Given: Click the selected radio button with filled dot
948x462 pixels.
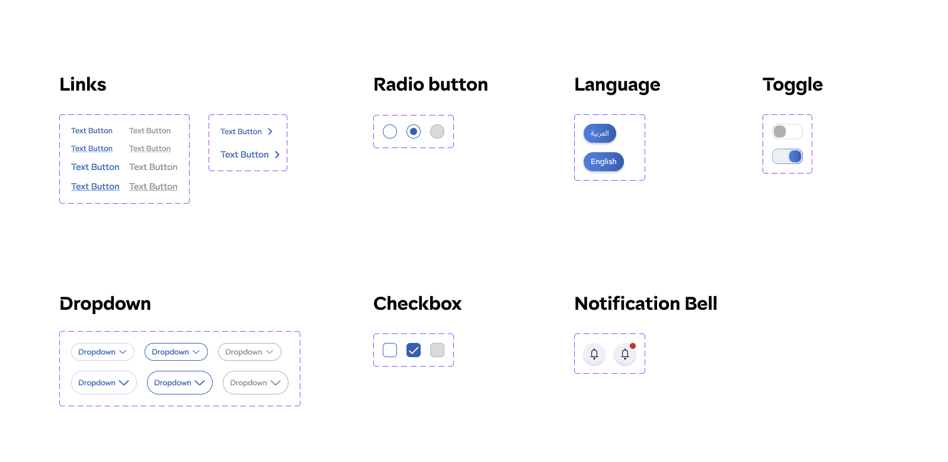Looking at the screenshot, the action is click(x=414, y=131).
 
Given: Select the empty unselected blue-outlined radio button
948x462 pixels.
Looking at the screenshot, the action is click(x=390, y=131).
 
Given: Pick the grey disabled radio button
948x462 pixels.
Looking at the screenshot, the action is click(x=437, y=131).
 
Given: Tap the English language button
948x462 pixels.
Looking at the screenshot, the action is click(x=603, y=162).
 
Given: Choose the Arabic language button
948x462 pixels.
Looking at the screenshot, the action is click(x=600, y=133).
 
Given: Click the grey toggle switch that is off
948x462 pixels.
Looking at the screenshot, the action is click(x=787, y=131).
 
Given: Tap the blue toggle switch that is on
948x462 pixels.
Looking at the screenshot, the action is click(x=787, y=156).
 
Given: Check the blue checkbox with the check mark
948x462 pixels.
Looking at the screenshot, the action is click(x=414, y=350).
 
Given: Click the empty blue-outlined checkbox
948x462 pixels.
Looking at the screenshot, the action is click(x=390, y=350).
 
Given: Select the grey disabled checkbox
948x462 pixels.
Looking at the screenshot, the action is click(x=437, y=350).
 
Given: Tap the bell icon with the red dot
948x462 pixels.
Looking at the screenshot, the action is click(x=624, y=354).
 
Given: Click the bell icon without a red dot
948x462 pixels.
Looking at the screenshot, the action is click(x=594, y=354).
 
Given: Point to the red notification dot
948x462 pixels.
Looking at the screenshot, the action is click(x=633, y=346).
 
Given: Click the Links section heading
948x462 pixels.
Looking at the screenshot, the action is click(x=83, y=85).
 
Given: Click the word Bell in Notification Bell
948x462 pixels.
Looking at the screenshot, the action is click(x=701, y=304).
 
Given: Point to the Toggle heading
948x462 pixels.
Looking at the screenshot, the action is click(x=792, y=85).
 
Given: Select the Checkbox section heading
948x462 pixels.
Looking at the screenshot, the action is click(x=417, y=304).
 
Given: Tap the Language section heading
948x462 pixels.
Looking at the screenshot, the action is click(x=617, y=85).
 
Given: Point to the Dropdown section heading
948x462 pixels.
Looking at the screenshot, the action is click(x=105, y=304).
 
